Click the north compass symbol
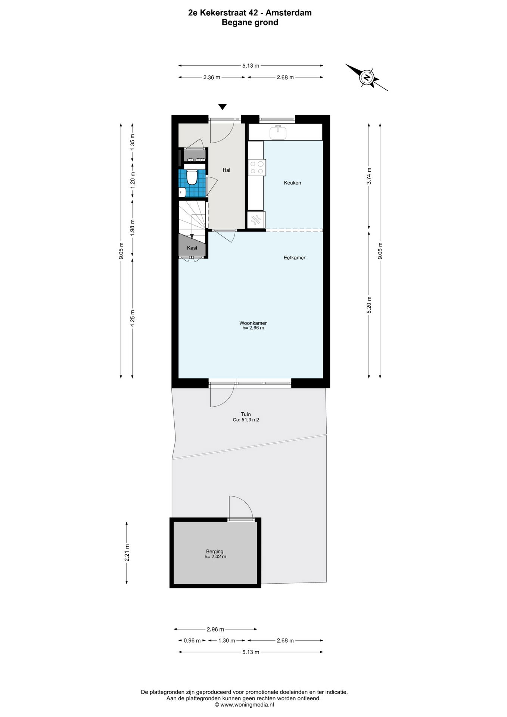[x=367, y=77]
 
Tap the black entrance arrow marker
[x=223, y=107]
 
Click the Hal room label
[x=226, y=170]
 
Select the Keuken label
[x=292, y=183]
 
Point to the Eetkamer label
[x=295, y=258]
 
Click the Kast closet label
[x=192, y=248]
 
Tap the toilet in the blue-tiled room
[x=192, y=177]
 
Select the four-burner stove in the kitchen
[x=256, y=167]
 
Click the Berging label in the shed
[x=215, y=552]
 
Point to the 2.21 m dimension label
[x=127, y=553]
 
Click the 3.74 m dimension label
[x=369, y=176]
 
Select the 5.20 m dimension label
[x=369, y=305]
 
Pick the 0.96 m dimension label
[x=192, y=640]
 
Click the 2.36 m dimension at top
[x=212, y=77]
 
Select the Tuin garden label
[x=246, y=414]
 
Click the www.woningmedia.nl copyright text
[x=244, y=705]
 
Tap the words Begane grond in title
[x=250, y=22]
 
